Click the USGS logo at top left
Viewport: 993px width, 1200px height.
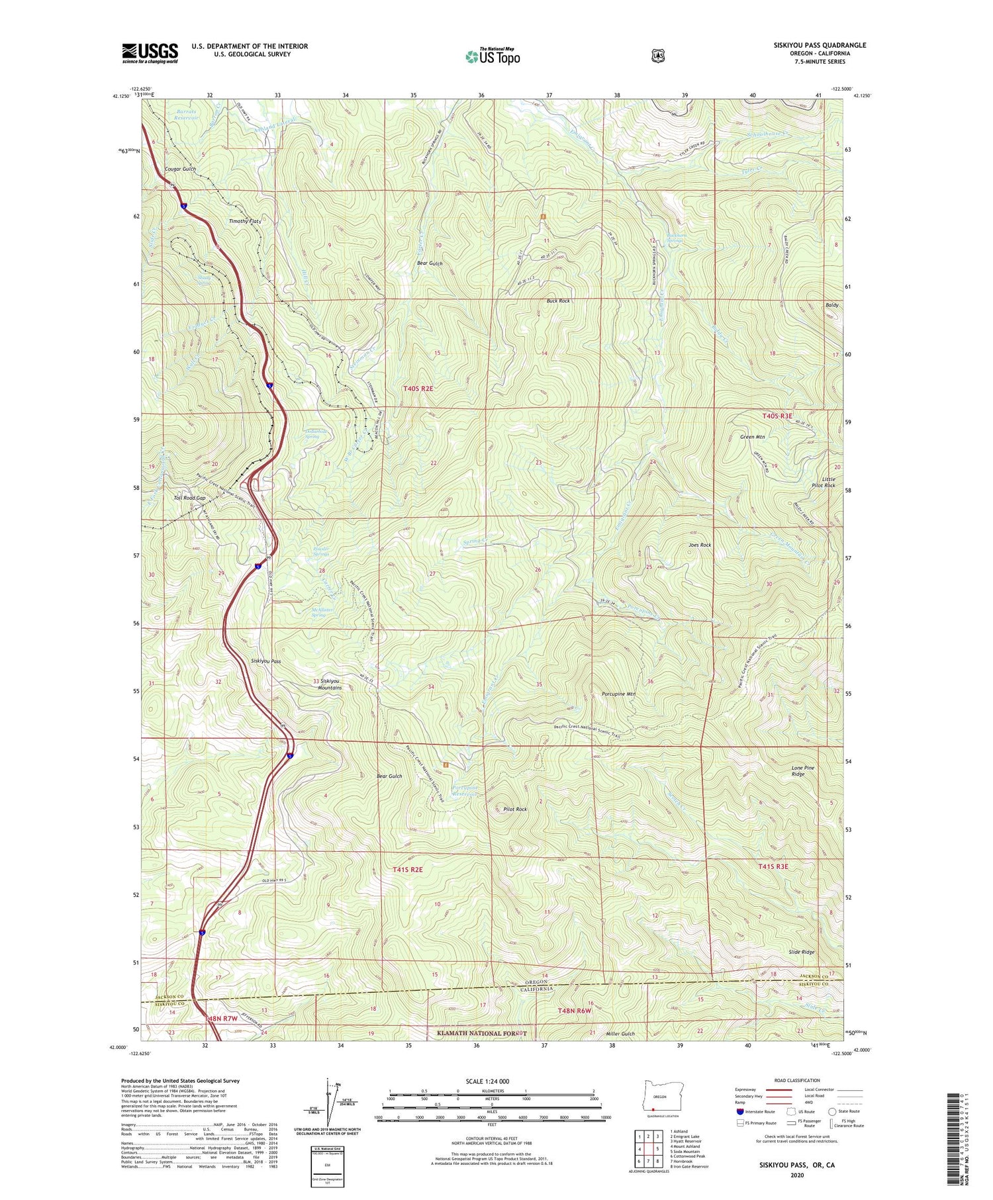click(150, 53)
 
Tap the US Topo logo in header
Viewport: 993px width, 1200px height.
click(493, 56)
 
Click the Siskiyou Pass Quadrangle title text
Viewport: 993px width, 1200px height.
click(810, 46)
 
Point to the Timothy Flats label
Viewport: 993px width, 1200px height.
click(245, 221)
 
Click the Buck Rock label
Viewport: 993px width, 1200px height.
click(558, 301)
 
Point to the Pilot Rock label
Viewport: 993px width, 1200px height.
click(515, 809)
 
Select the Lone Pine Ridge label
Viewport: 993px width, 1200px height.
click(803, 771)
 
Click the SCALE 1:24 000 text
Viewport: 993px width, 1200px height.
click(487, 1082)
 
